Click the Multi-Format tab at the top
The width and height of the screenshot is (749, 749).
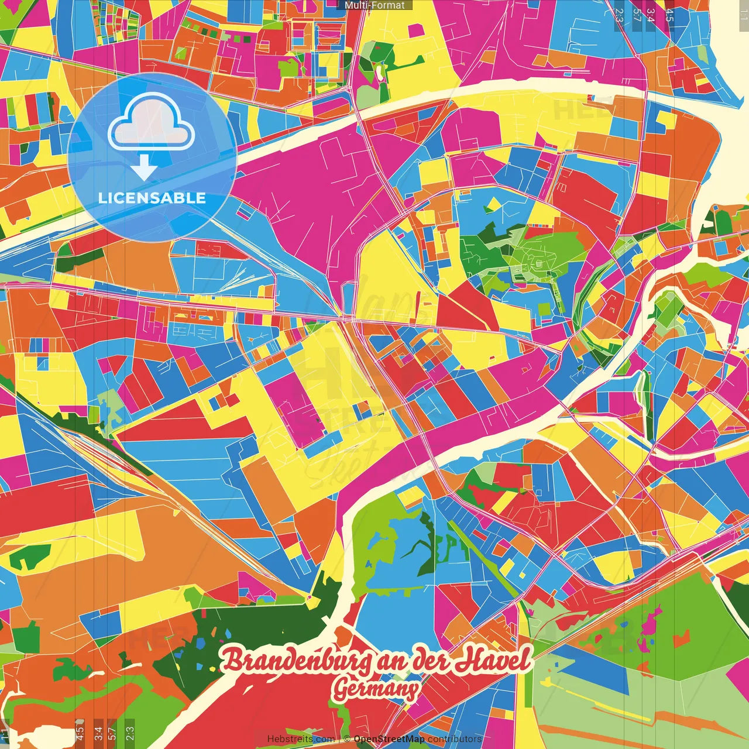374,5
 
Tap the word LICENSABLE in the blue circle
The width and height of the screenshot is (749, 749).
152,198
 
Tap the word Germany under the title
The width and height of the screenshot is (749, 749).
376,689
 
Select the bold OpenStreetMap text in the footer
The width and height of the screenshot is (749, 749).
389,739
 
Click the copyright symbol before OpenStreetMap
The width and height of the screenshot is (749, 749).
347,739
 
